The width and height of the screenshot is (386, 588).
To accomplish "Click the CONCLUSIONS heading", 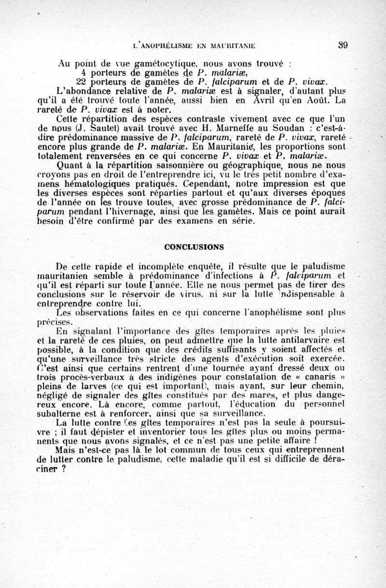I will click(x=193, y=247).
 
